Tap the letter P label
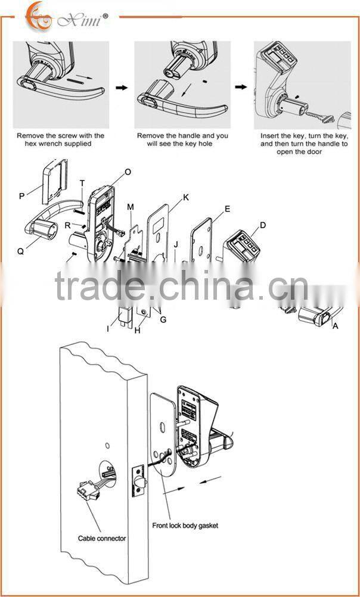pyautogui.click(x=23, y=194)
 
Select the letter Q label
pyautogui.click(x=20, y=251)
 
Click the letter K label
pyautogui.click(x=186, y=197)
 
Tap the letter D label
pyautogui.click(x=262, y=225)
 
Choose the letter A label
pyautogui.click(x=335, y=326)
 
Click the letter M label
pyautogui.click(x=130, y=206)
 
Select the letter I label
pyautogui.click(x=108, y=328)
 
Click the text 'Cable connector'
pyautogui.click(x=102, y=538)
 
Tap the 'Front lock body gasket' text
pyautogui.click(x=184, y=526)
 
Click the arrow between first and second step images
pyautogui.click(x=122, y=87)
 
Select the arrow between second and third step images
pyautogui.click(x=241, y=87)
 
